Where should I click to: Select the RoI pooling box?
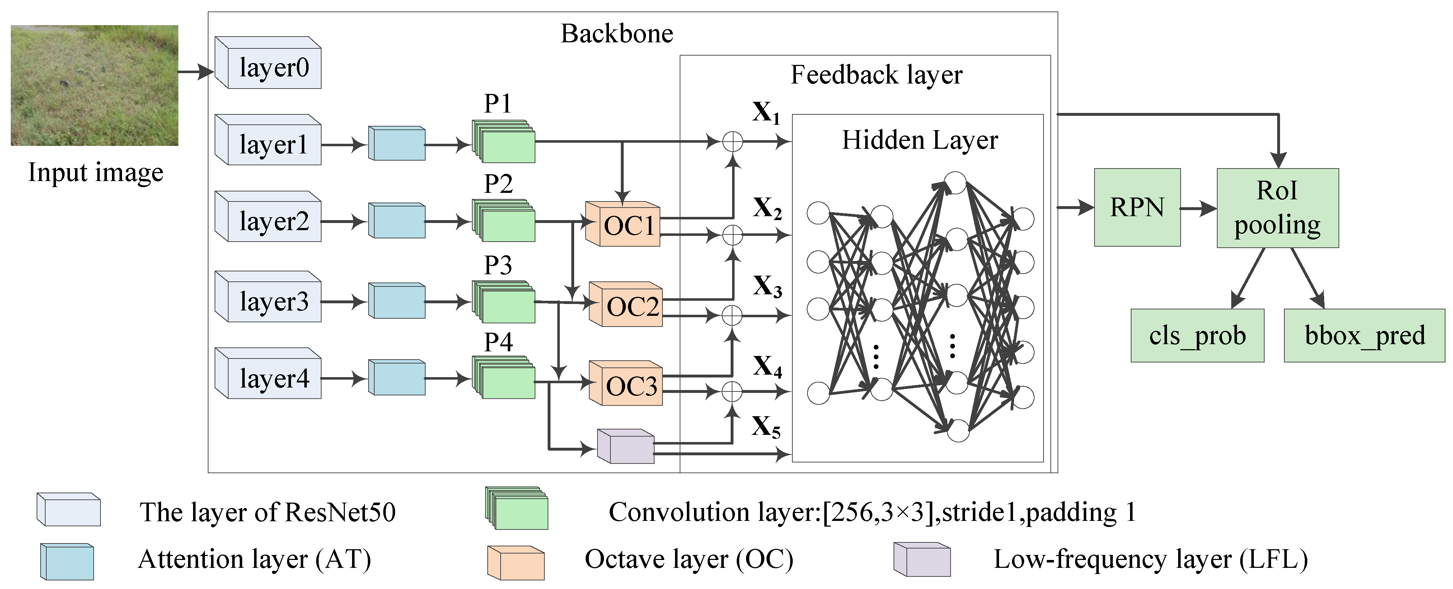click(x=1277, y=208)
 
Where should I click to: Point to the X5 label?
click(x=766, y=427)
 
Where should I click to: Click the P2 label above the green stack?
click(x=498, y=184)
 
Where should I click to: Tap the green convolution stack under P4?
click(x=504, y=377)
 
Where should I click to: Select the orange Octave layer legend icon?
click(x=516, y=562)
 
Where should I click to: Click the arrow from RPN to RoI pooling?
click(x=1198, y=209)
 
